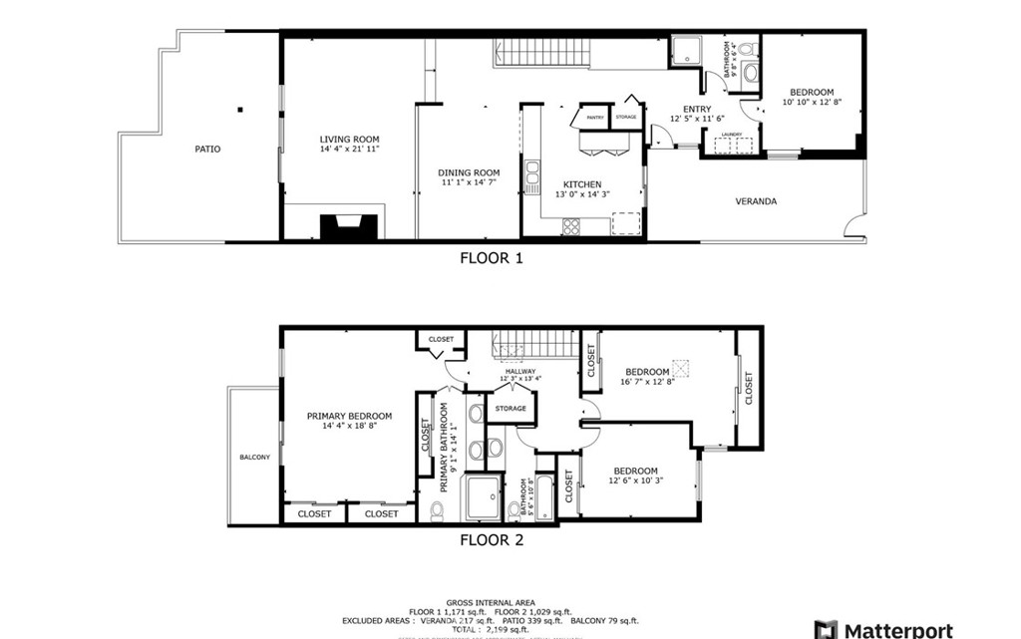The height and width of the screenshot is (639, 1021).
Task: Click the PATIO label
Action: tap(207, 150)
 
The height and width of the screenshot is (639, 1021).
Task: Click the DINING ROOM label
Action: tap(469, 172)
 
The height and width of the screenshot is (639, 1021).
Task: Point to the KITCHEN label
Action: tap(581, 184)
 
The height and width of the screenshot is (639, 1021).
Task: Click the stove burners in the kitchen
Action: tap(571, 226)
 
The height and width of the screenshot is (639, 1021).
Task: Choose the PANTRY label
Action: tap(595, 118)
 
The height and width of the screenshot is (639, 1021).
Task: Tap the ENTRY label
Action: tap(696, 110)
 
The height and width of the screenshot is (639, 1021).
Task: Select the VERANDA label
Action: tap(756, 201)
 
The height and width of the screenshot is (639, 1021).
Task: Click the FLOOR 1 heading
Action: tap(491, 258)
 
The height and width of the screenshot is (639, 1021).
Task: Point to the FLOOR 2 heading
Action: tap(491, 541)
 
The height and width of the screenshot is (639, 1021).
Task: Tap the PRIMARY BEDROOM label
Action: tap(349, 416)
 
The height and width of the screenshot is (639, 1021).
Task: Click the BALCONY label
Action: tap(254, 458)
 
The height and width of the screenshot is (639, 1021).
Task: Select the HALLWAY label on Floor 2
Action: tap(518, 372)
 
